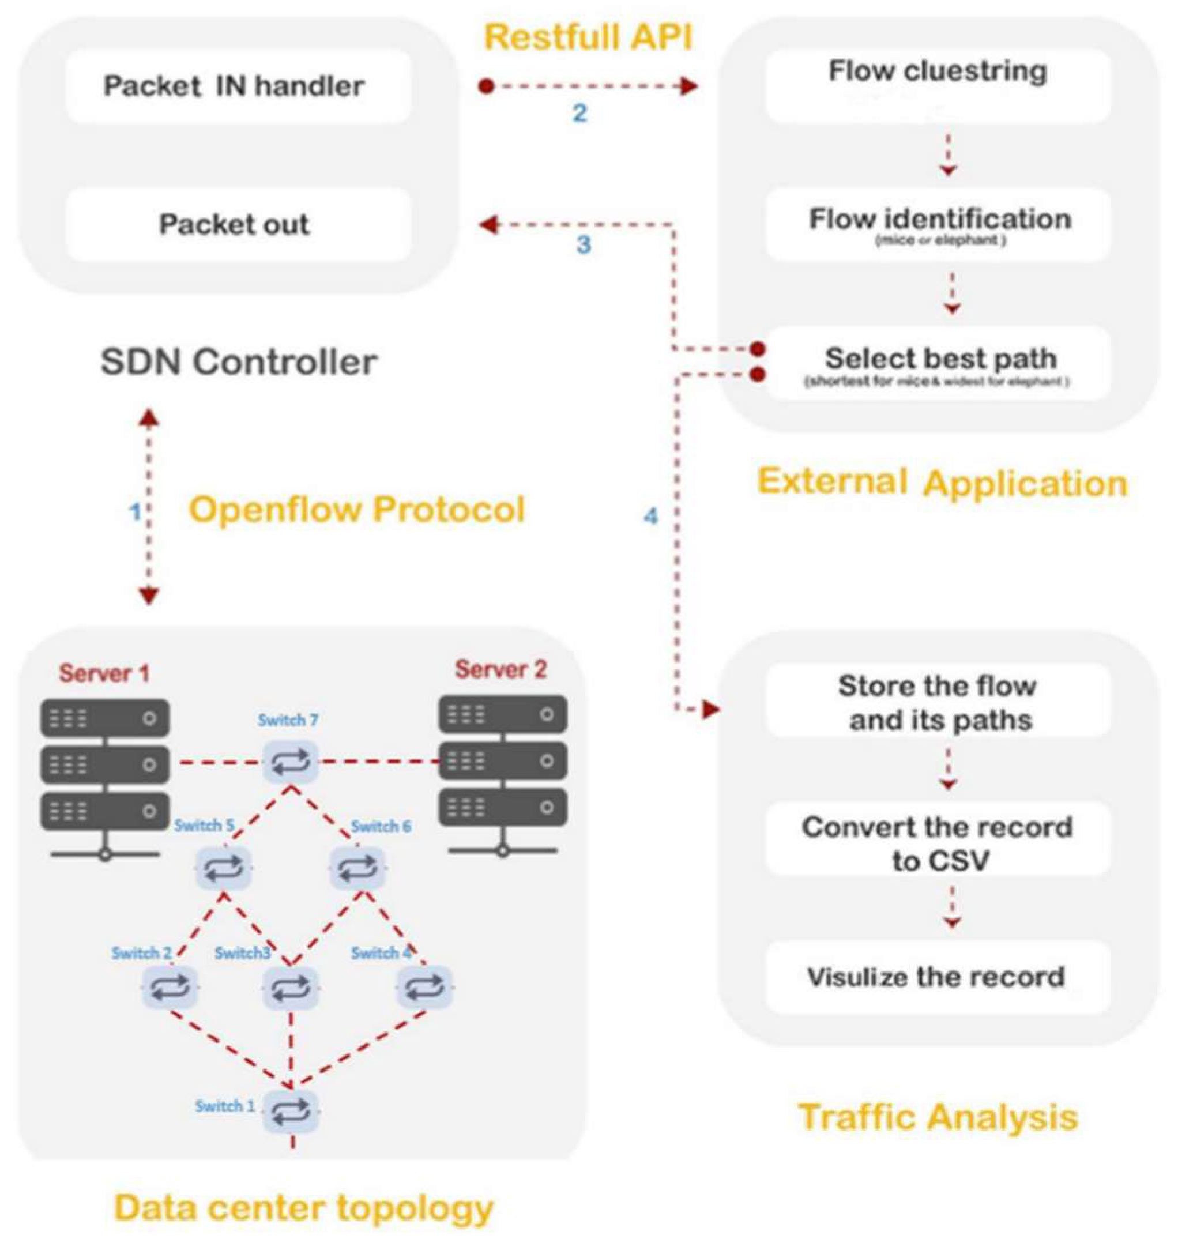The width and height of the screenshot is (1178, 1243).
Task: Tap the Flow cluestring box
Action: click(x=938, y=85)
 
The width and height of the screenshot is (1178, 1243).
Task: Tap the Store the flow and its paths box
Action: click(x=938, y=702)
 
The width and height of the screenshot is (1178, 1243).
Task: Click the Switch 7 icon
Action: click(x=290, y=762)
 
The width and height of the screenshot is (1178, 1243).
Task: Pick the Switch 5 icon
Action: click(x=224, y=868)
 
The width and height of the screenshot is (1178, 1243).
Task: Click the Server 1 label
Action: click(x=104, y=673)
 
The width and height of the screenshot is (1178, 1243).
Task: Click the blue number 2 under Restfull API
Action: click(x=579, y=114)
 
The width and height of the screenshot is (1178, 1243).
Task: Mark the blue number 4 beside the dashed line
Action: click(x=650, y=516)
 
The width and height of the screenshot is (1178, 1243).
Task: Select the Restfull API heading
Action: click(x=588, y=37)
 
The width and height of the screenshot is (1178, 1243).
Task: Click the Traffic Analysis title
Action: click(x=938, y=1117)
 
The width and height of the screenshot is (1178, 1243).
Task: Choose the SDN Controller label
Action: click(x=239, y=362)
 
